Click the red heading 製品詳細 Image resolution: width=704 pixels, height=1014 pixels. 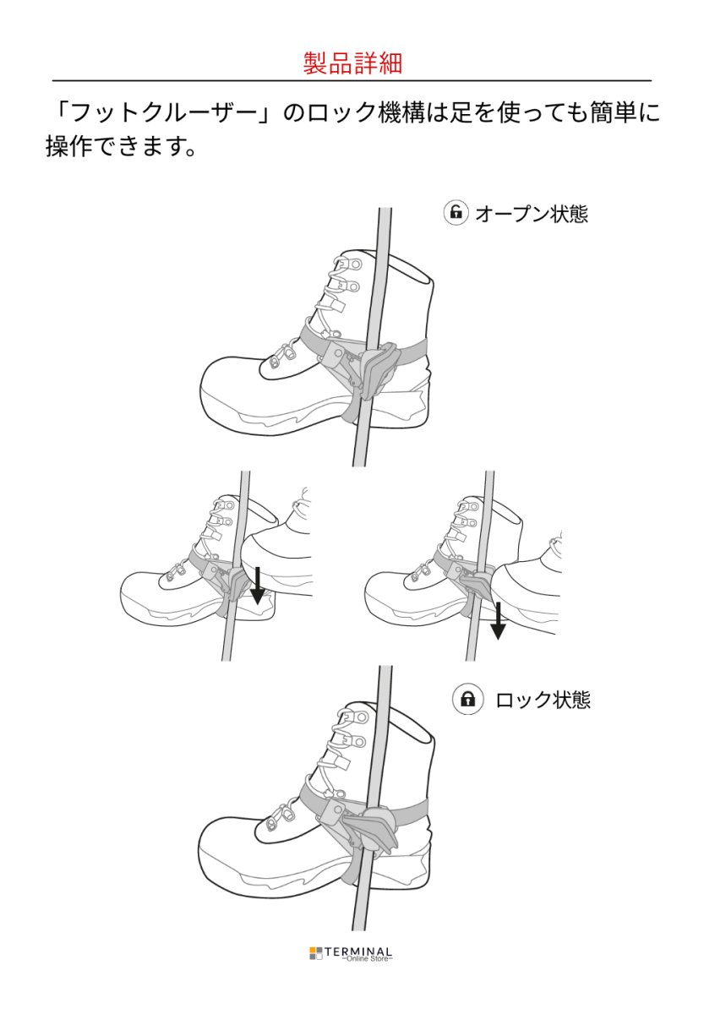pyautogui.click(x=352, y=63)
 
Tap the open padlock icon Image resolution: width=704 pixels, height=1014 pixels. pyautogui.click(x=456, y=213)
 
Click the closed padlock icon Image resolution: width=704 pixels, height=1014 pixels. pyautogui.click(x=466, y=700)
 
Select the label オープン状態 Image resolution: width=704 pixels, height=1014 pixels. pyautogui.click(x=531, y=214)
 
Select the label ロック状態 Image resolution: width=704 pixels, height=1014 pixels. pyautogui.click(x=543, y=701)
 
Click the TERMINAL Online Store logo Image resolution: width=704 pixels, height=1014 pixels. pyautogui.click(x=352, y=954)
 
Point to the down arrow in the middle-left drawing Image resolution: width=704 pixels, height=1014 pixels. pyautogui.click(x=257, y=588)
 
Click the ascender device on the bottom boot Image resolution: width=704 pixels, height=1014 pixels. pyautogui.click(x=372, y=828)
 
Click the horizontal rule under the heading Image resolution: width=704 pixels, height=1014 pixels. pyautogui.click(x=352, y=81)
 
